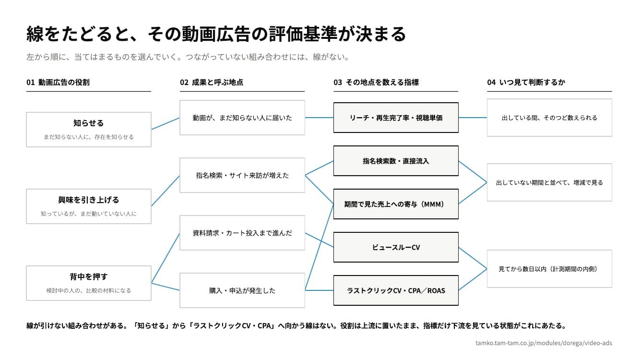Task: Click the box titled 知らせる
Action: click(x=89, y=130)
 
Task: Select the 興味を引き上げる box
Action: click(x=89, y=206)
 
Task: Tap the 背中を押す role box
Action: click(x=89, y=283)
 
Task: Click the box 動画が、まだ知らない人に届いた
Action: click(x=242, y=118)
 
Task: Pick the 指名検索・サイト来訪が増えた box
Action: click(x=242, y=175)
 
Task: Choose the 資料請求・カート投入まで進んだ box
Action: click(x=242, y=233)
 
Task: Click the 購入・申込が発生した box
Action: click(x=242, y=290)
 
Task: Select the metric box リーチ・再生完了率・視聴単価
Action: click(x=396, y=118)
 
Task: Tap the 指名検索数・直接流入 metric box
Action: click(x=396, y=161)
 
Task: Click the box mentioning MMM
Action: click(x=396, y=204)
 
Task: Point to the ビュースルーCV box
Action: click(x=396, y=247)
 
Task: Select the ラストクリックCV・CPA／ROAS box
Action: click(x=396, y=290)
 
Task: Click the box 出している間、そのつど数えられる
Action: click(x=549, y=118)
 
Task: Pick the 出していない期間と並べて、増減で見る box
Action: click(x=549, y=182)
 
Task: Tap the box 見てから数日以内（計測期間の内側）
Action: click(x=549, y=269)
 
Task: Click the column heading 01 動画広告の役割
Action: click(x=58, y=83)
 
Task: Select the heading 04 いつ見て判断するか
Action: click(x=526, y=83)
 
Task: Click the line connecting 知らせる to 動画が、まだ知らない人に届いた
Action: click(x=166, y=123)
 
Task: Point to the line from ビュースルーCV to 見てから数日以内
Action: click(x=473, y=258)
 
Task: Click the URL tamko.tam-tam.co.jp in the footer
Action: click(x=544, y=343)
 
